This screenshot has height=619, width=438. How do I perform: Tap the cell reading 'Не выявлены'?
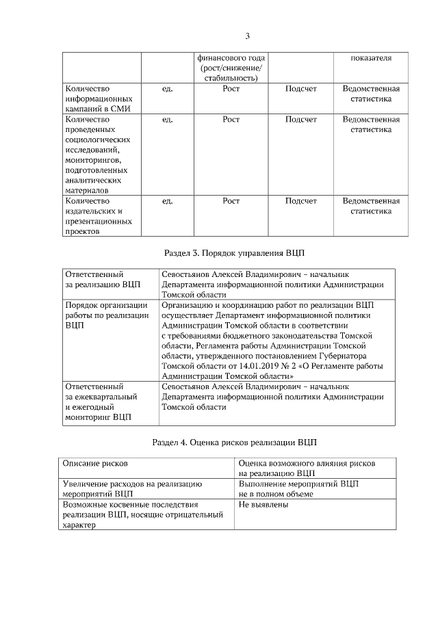point(263,505)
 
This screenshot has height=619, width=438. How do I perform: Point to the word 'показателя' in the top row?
point(371,58)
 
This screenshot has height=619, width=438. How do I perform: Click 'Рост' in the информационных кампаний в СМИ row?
point(231,89)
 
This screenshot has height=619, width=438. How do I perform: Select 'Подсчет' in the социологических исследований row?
point(301,120)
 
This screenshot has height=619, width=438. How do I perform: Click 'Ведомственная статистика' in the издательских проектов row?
point(371,207)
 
